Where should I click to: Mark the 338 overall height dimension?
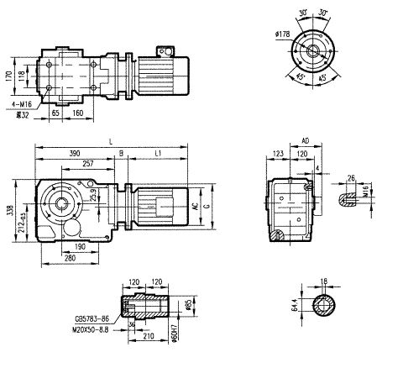click(x=9, y=213)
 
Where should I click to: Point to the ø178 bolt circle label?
click(x=282, y=34)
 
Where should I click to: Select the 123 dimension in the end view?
click(x=279, y=155)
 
